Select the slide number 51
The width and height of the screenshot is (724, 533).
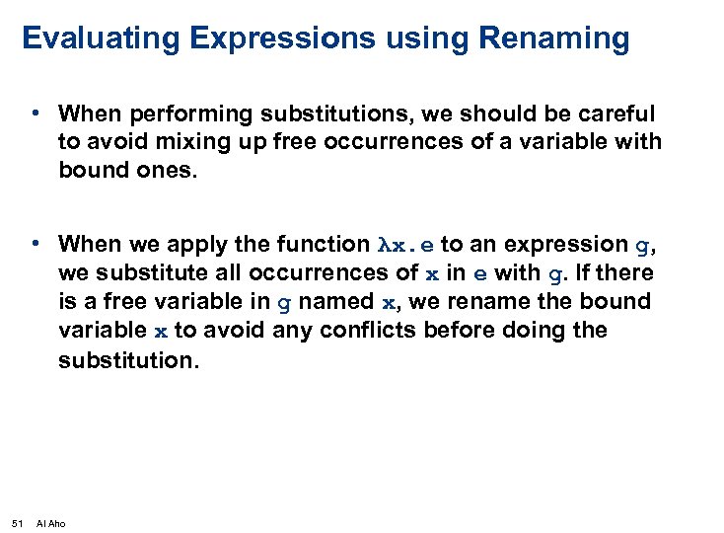pyautogui.click(x=17, y=522)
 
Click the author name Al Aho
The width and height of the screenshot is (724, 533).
pyautogui.click(x=50, y=522)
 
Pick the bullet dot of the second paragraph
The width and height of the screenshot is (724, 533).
pyautogui.click(x=35, y=243)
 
